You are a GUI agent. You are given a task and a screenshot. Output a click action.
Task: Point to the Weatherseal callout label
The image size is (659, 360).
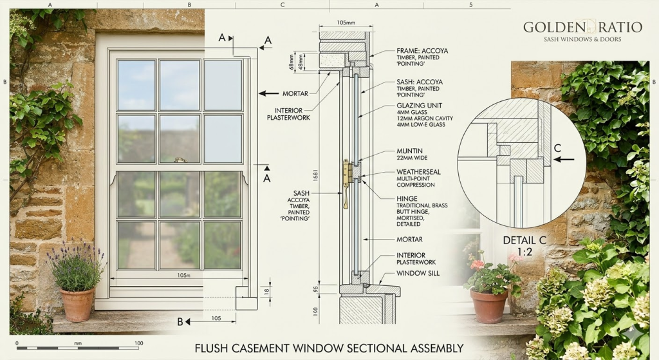(418, 172)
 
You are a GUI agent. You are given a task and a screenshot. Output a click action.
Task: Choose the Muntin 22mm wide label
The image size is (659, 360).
(410, 151)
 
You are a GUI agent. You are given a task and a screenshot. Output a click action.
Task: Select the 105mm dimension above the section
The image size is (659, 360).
(346, 23)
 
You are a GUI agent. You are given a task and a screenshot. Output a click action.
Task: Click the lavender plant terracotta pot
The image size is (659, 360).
(77, 304)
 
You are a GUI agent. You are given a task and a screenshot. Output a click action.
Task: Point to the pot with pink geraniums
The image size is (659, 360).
(489, 305)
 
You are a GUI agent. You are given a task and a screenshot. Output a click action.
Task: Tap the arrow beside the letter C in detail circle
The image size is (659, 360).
(564, 159)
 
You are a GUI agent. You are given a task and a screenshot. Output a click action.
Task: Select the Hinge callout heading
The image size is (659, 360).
(407, 199)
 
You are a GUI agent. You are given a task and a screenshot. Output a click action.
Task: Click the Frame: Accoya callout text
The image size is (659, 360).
(420, 50)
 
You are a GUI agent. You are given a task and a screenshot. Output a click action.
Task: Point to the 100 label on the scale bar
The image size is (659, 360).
(138, 343)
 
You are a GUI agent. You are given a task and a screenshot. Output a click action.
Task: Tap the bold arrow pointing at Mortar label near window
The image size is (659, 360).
(269, 93)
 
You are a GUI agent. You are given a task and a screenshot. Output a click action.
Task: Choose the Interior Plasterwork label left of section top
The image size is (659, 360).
(284, 114)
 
